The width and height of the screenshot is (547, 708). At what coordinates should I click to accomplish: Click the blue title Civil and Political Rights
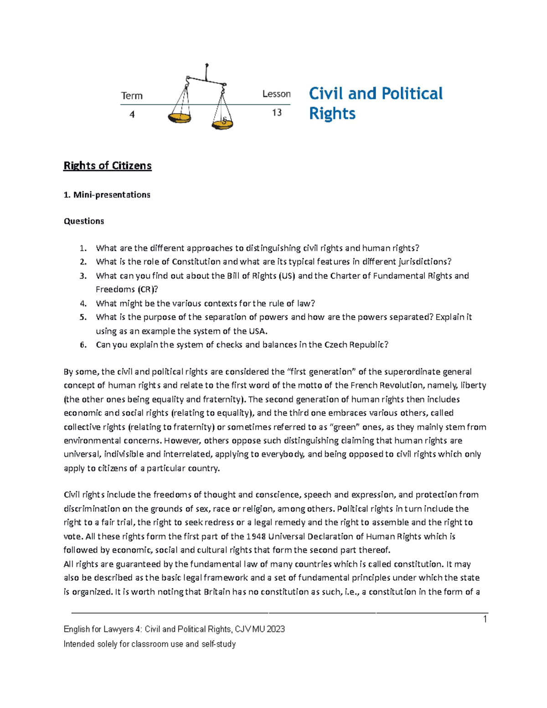coord(375,103)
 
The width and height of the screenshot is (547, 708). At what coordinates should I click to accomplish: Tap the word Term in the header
coord(132,96)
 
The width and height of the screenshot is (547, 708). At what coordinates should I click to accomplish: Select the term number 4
coord(132,114)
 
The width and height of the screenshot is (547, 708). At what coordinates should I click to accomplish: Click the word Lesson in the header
coord(276,94)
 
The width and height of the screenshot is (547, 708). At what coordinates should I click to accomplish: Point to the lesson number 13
coord(277,113)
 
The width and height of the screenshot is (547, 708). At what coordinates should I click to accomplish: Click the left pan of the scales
coord(179,118)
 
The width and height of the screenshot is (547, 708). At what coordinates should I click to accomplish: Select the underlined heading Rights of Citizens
coord(107,165)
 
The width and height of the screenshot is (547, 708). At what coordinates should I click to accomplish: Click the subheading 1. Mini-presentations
coord(107,195)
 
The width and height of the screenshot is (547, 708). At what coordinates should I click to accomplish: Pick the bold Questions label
coord(84,221)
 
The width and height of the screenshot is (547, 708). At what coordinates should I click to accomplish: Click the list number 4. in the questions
coord(83,304)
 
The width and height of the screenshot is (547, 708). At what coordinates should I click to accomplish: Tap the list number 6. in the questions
coord(83,345)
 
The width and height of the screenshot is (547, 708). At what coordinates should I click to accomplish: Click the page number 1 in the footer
coord(485,619)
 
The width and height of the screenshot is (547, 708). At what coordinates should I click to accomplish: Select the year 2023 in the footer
coord(276,629)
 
